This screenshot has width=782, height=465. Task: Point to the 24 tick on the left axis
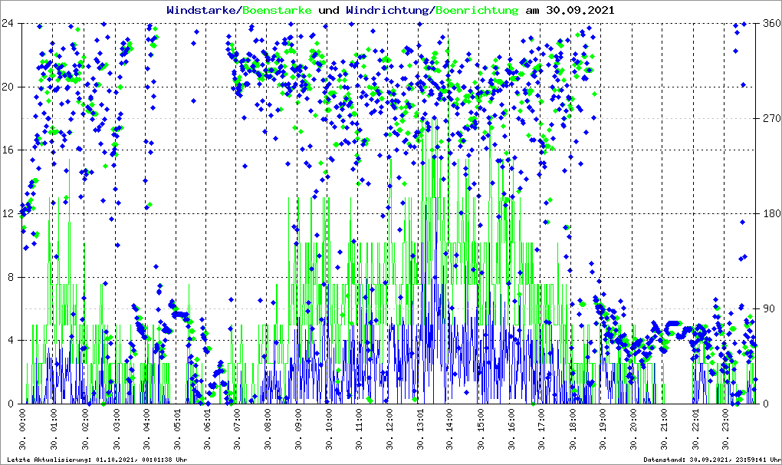(x=9, y=23)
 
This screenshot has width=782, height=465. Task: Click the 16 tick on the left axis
(x=9, y=150)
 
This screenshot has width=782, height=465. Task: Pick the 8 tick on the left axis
(x=12, y=277)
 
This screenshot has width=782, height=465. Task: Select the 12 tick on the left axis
(x=9, y=213)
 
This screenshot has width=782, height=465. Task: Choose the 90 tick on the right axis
(x=769, y=308)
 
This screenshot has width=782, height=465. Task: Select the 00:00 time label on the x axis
(x=24, y=430)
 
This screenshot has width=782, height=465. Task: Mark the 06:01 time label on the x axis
(x=207, y=430)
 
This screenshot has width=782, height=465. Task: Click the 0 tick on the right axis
(x=766, y=404)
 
